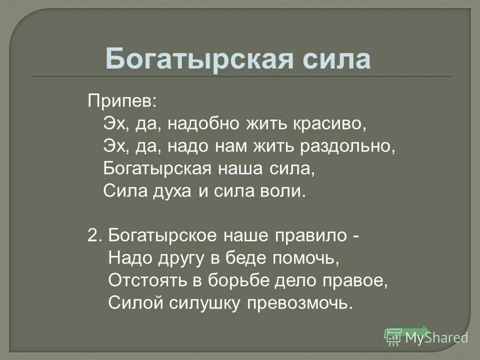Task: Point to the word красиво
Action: [329, 122]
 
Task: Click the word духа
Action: [170, 190]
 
